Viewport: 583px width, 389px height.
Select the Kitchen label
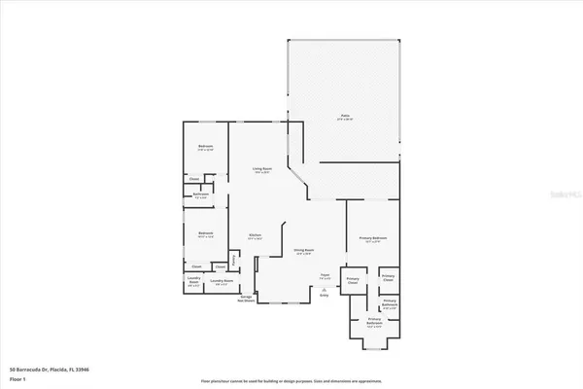click(254, 235)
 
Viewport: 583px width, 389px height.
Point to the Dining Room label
click(304, 251)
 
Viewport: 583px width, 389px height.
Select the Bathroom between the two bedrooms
click(201, 194)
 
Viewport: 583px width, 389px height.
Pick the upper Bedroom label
click(205, 147)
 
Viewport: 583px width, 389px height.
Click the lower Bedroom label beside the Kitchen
click(205, 233)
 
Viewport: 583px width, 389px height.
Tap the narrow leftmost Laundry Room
click(193, 284)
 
